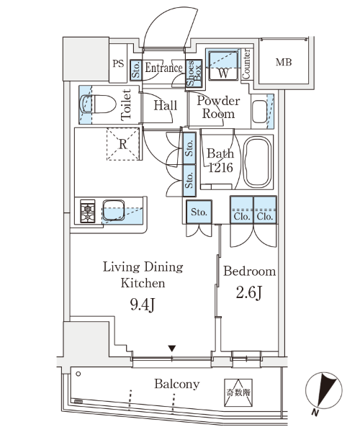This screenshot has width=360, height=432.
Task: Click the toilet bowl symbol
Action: click(98, 104)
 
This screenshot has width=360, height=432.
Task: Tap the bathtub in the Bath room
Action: click(258, 162)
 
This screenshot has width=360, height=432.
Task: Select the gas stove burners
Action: click(88, 211)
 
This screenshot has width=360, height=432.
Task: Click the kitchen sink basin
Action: click(114, 210)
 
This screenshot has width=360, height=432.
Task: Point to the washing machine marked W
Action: click(223, 66)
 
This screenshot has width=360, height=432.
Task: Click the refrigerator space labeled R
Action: click(123, 144)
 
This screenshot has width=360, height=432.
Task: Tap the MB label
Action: click(284, 62)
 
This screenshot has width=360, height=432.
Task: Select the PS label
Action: click(118, 63)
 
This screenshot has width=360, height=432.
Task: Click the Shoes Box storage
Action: click(194, 73)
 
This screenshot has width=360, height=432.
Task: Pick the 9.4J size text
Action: click(143, 305)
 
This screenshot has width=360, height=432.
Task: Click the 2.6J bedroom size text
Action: click(249, 292)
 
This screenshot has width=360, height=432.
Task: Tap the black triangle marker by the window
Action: click(172, 348)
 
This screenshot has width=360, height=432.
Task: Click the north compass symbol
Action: click(324, 390)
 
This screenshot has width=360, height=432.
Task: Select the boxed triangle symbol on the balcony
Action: click(238, 392)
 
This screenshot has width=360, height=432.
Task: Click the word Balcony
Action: click(177, 384)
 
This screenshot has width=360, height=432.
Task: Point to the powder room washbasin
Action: click(259, 112)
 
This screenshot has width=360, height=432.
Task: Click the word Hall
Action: click(166, 106)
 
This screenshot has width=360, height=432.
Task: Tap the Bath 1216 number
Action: click(220, 167)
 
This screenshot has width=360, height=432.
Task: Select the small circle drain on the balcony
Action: click(78, 374)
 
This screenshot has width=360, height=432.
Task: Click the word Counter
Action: click(246, 64)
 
